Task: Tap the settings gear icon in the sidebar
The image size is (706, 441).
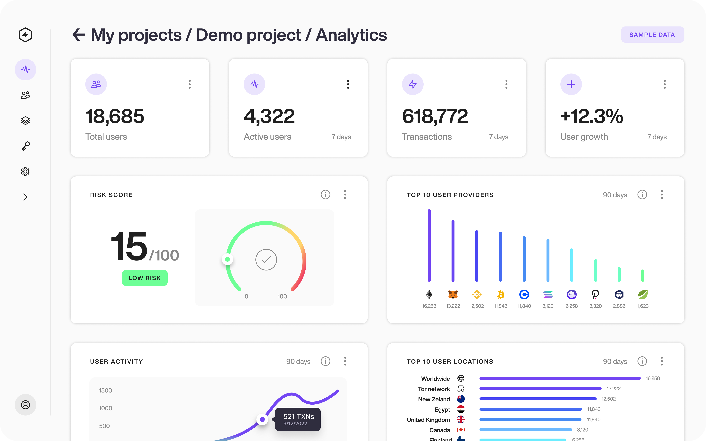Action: coord(25,171)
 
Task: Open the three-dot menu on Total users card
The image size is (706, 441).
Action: coord(190,84)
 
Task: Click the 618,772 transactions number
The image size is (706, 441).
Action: coord(435,116)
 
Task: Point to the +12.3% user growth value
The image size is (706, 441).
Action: coord(592,116)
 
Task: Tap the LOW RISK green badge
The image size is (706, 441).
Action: coord(145,278)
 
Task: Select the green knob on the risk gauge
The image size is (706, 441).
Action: coord(227,259)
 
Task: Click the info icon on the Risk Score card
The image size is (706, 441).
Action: coord(325,195)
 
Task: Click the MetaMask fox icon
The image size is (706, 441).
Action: coord(453,295)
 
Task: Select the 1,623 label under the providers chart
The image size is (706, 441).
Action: coord(643,306)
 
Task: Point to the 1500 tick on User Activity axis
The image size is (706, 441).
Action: coord(105,390)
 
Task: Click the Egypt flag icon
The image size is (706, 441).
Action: coord(461,409)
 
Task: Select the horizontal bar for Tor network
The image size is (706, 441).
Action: coord(540,389)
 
